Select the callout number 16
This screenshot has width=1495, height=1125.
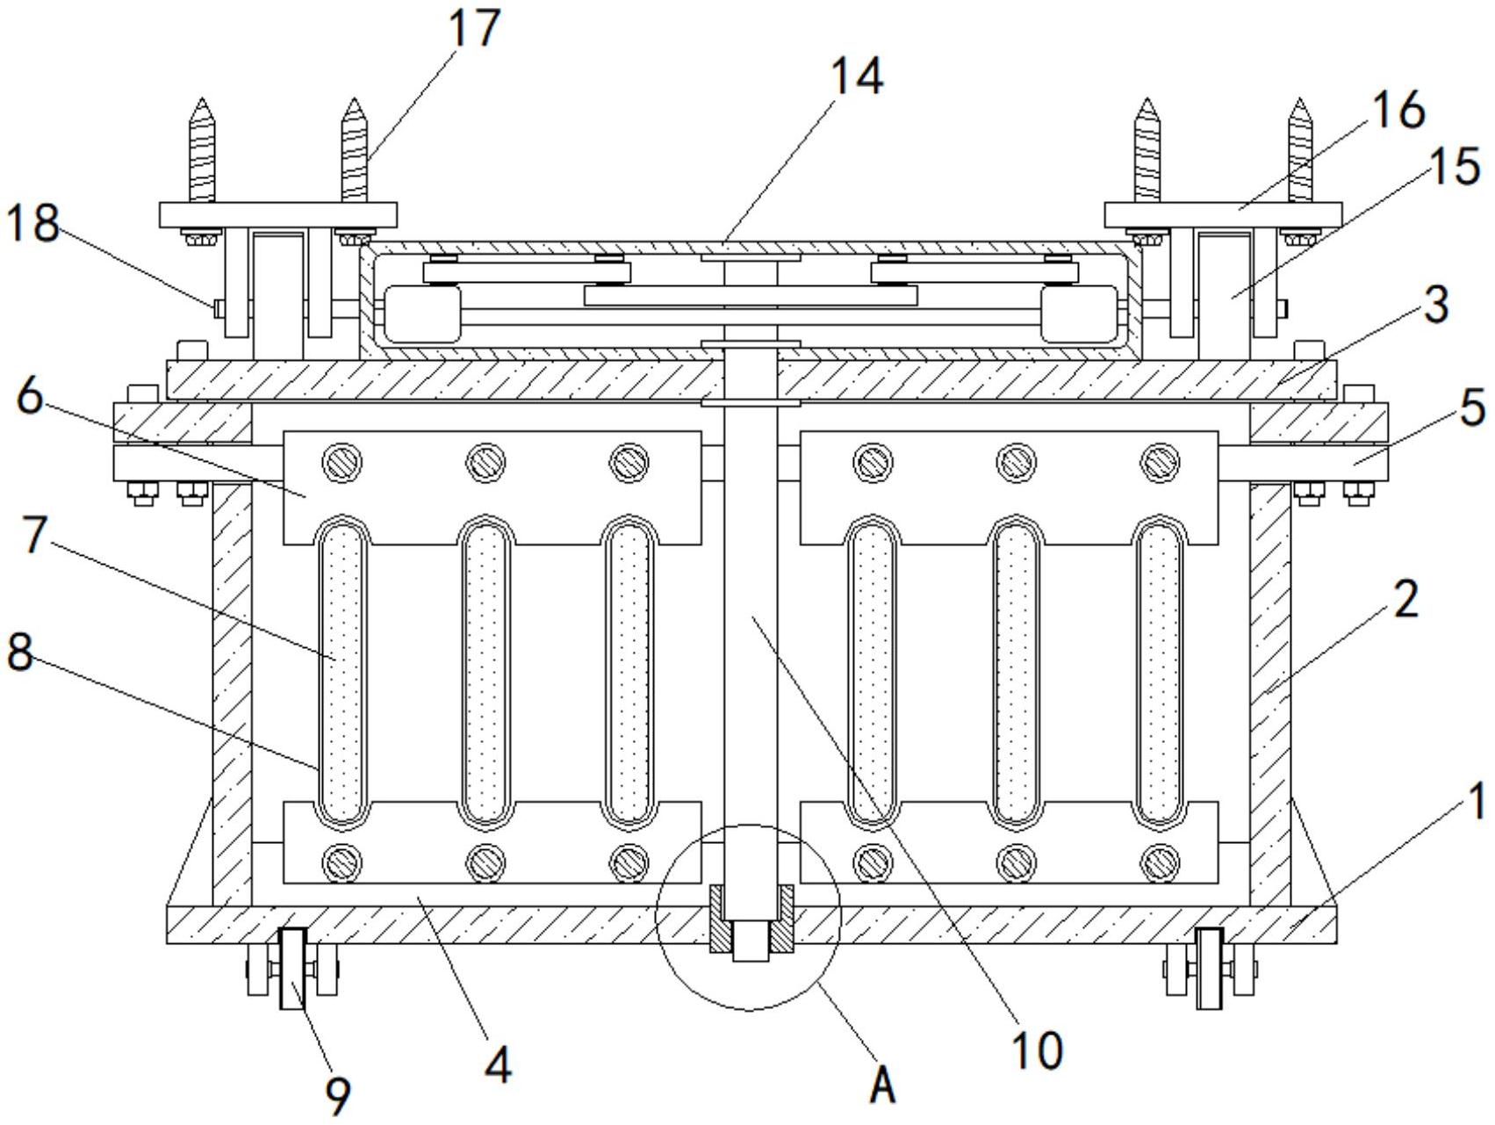(x=1398, y=111)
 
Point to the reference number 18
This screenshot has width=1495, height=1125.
(x=32, y=225)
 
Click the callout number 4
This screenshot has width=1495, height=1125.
(x=498, y=1065)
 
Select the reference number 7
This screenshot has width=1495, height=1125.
(x=34, y=534)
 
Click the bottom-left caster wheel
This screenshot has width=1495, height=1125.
(x=292, y=969)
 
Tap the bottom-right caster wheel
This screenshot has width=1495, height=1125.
(x=1209, y=969)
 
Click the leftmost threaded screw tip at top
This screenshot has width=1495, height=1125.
(x=203, y=99)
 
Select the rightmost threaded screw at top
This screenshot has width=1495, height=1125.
(x=1300, y=150)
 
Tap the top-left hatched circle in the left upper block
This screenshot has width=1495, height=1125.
(x=342, y=460)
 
